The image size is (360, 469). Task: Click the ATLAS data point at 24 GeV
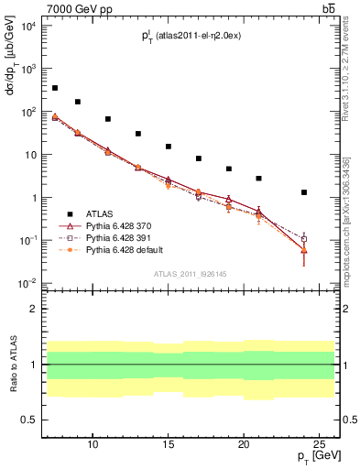(x=303, y=192)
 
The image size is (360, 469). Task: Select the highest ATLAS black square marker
(x=55, y=88)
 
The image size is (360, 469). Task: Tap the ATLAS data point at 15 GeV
(x=169, y=147)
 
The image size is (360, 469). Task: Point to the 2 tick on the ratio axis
(x=35, y=310)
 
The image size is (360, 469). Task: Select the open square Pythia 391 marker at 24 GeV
(x=303, y=239)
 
